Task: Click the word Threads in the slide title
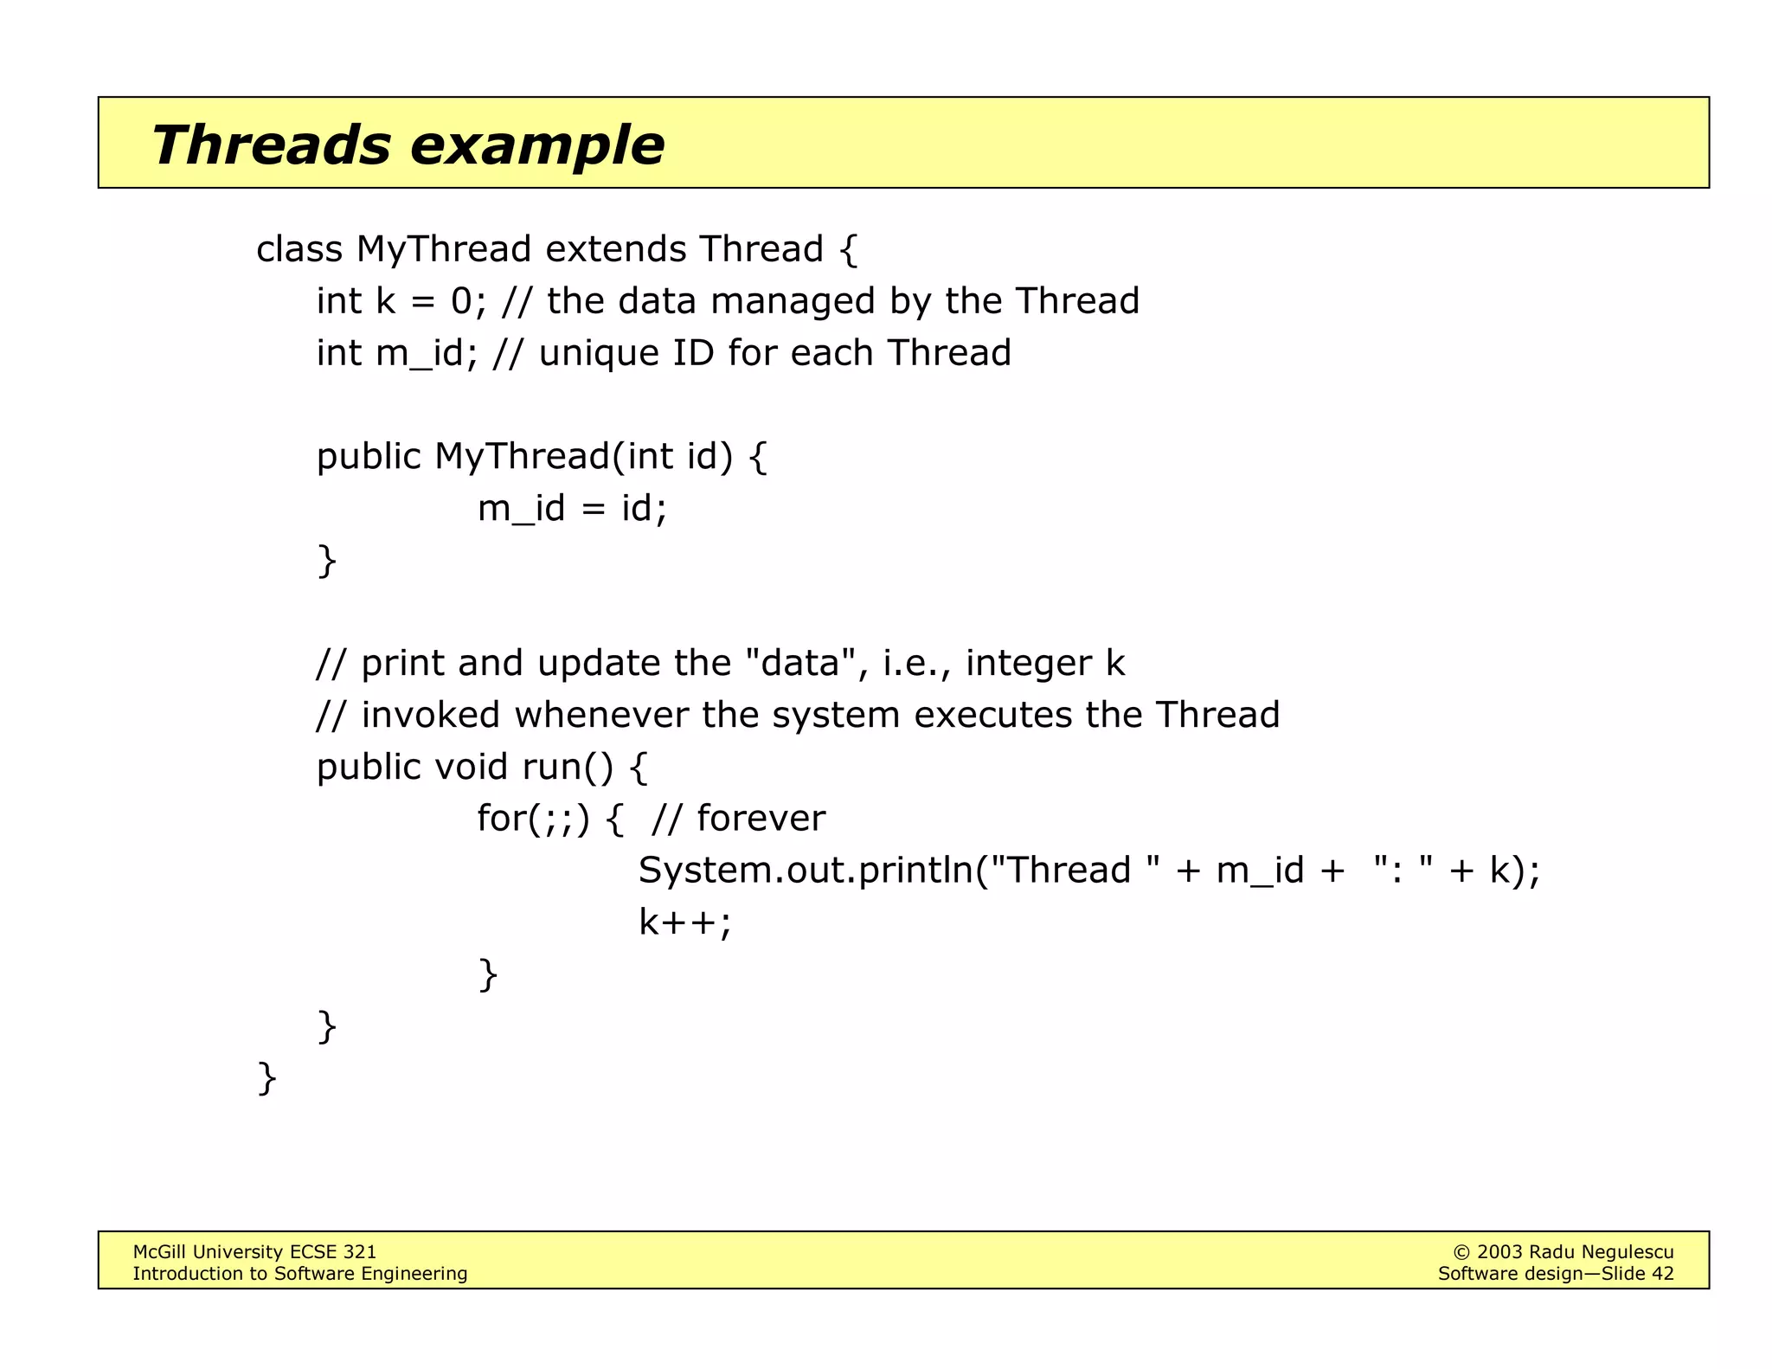click(271, 145)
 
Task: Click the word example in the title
click(536, 146)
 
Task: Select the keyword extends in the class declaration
click(615, 249)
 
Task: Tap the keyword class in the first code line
click(299, 249)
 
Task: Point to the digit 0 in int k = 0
click(461, 301)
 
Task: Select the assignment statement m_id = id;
click(572, 508)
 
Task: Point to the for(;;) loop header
click(533, 819)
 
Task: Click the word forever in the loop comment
click(761, 819)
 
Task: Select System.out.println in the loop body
click(805, 870)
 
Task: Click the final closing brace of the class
click(267, 1078)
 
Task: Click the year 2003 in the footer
click(1499, 1252)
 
